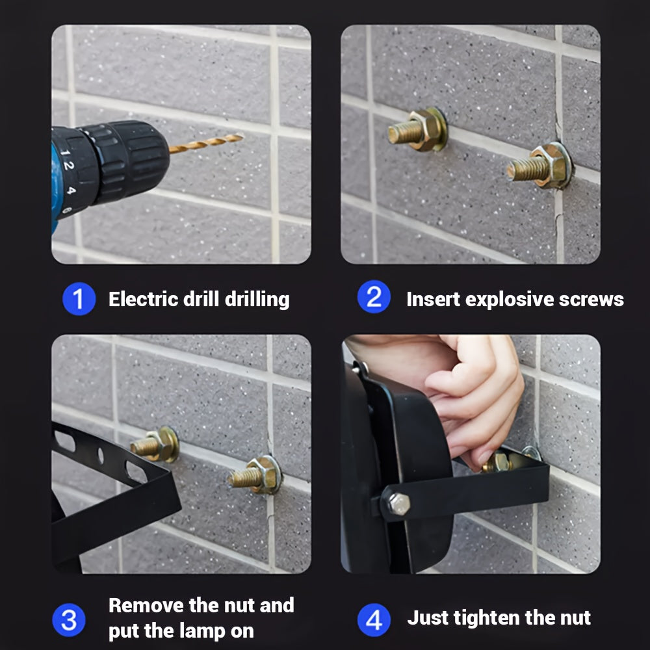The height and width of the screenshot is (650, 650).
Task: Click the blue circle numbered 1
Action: pyautogui.click(x=79, y=298)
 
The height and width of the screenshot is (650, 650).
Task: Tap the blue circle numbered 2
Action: pyautogui.click(x=374, y=297)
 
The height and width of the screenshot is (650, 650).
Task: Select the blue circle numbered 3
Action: pyautogui.click(x=69, y=620)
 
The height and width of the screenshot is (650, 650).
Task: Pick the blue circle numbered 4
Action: pyautogui.click(x=374, y=620)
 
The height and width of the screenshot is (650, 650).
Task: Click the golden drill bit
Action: pyautogui.click(x=206, y=143)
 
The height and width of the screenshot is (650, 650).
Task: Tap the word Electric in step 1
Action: pyautogui.click(x=144, y=299)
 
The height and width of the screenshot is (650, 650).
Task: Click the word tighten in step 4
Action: pyautogui.click(x=487, y=618)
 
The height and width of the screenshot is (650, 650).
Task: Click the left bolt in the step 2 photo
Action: pyautogui.click(x=418, y=130)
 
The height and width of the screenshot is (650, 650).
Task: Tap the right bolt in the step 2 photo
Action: pyautogui.click(x=540, y=166)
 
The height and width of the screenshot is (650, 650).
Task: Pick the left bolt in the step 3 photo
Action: pyautogui.click(x=155, y=445)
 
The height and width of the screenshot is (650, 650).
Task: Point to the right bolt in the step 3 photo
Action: pyautogui.click(x=255, y=475)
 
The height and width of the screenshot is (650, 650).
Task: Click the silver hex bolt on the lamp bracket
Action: pyautogui.click(x=399, y=504)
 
